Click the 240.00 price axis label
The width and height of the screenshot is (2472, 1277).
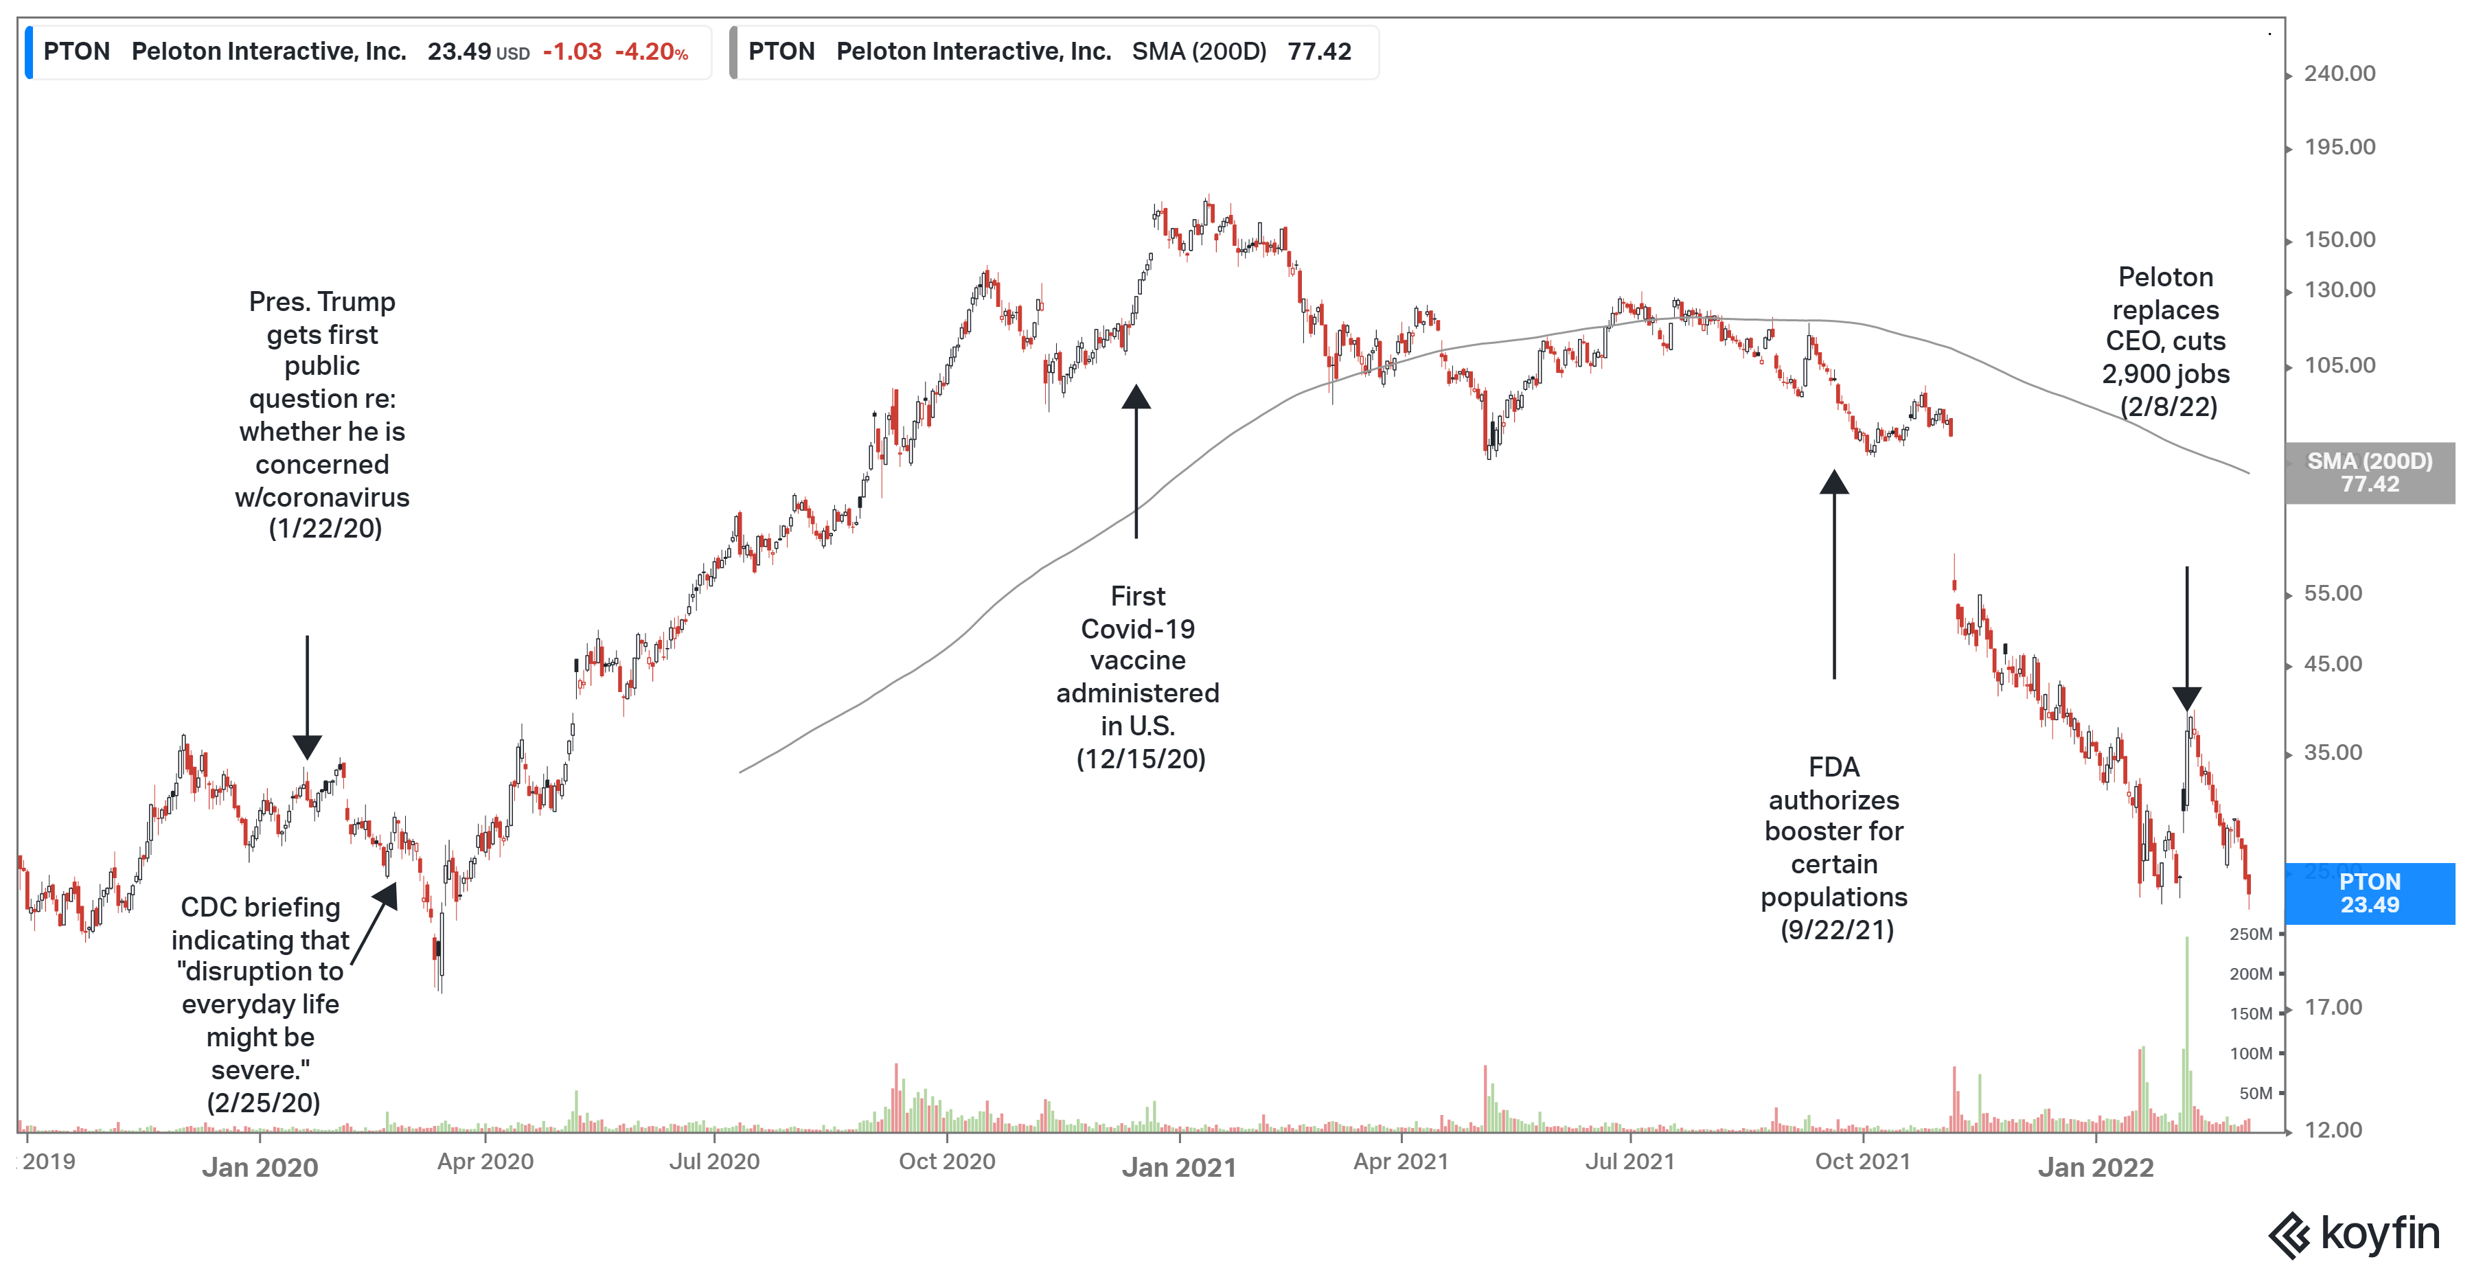[2339, 74]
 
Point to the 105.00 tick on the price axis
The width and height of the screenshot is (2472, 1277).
[2339, 365]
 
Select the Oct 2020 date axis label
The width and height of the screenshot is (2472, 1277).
[946, 1161]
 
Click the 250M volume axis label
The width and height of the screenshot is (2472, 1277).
[2250, 934]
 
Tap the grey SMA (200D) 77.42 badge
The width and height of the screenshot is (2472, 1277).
[2368, 472]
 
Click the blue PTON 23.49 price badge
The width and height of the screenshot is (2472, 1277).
[2368, 893]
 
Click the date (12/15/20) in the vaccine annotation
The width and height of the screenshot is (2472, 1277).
[1140, 759]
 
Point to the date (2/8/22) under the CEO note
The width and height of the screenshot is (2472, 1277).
[2168, 407]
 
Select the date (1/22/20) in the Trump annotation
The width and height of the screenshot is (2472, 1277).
[324, 529]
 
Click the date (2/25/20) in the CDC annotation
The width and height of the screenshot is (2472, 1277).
[263, 1103]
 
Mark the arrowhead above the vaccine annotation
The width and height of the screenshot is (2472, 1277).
[1136, 396]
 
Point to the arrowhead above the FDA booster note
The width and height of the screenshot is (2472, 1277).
[1834, 482]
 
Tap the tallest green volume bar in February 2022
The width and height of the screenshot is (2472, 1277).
[2186, 1036]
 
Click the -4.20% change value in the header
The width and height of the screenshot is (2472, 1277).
[651, 51]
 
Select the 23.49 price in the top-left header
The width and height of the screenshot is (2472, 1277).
[459, 51]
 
